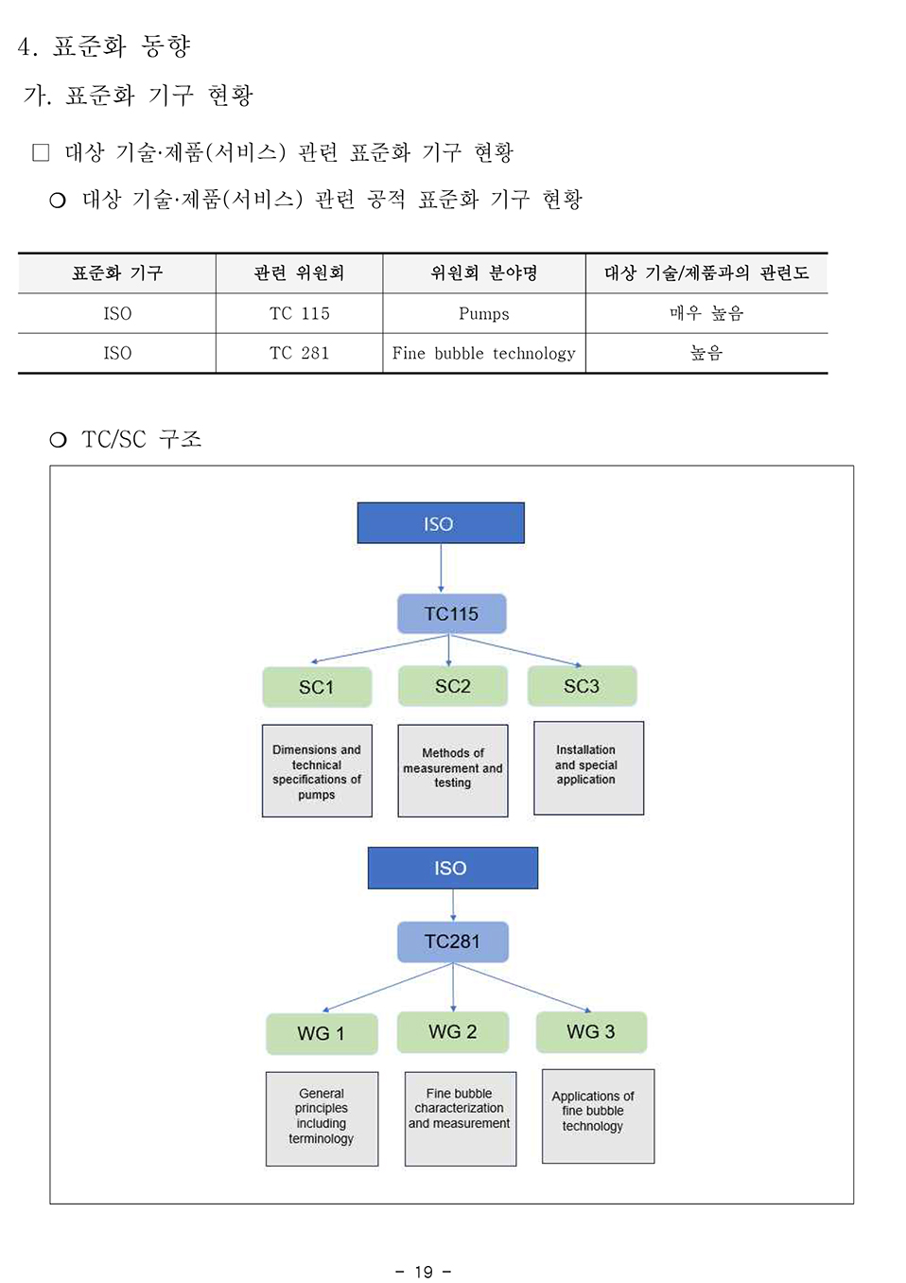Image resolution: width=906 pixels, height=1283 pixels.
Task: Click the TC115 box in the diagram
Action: pyautogui.click(x=451, y=614)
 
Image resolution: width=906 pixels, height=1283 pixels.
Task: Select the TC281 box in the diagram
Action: pyautogui.click(x=452, y=941)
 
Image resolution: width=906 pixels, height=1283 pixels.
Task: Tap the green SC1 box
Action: pyautogui.click(x=317, y=687)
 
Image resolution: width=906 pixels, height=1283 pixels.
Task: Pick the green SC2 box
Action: pyautogui.click(x=452, y=686)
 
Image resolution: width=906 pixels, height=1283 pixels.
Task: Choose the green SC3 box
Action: pyautogui.click(x=582, y=686)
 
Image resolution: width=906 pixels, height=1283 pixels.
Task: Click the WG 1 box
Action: pyautogui.click(x=322, y=1033)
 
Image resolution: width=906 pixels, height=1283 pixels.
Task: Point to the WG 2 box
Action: pyautogui.click(x=452, y=1031)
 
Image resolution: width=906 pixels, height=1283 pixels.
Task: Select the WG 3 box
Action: pyautogui.click(x=591, y=1031)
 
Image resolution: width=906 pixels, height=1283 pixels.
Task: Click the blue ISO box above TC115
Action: pyautogui.click(x=440, y=523)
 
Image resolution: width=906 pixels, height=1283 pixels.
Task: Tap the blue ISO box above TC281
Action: pyautogui.click(x=452, y=868)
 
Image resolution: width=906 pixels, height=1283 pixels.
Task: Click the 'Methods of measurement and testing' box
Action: pyautogui.click(x=452, y=769)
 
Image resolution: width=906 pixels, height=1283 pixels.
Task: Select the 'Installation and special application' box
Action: pyautogui.click(x=587, y=767)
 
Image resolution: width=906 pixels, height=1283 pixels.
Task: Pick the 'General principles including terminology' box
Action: pyautogui.click(x=322, y=1117)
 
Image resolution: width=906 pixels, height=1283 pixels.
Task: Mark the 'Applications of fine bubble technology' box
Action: pyautogui.click(x=597, y=1116)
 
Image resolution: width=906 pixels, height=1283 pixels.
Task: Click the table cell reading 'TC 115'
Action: pyautogui.click(x=299, y=313)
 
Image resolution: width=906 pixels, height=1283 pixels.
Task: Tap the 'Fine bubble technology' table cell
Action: pyautogui.click(x=483, y=353)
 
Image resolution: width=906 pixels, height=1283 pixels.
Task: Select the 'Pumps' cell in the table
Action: pyautogui.click(x=483, y=313)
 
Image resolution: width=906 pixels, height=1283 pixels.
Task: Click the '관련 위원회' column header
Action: pyautogui.click(x=299, y=273)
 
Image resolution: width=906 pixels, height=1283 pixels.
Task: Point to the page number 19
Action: pyautogui.click(x=424, y=1272)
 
